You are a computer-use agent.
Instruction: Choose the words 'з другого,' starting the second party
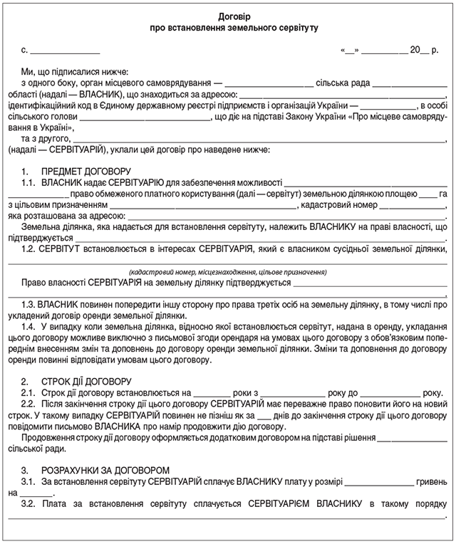tap(46, 138)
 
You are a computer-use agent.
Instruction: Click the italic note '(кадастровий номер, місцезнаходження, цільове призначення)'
tap(228, 272)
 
